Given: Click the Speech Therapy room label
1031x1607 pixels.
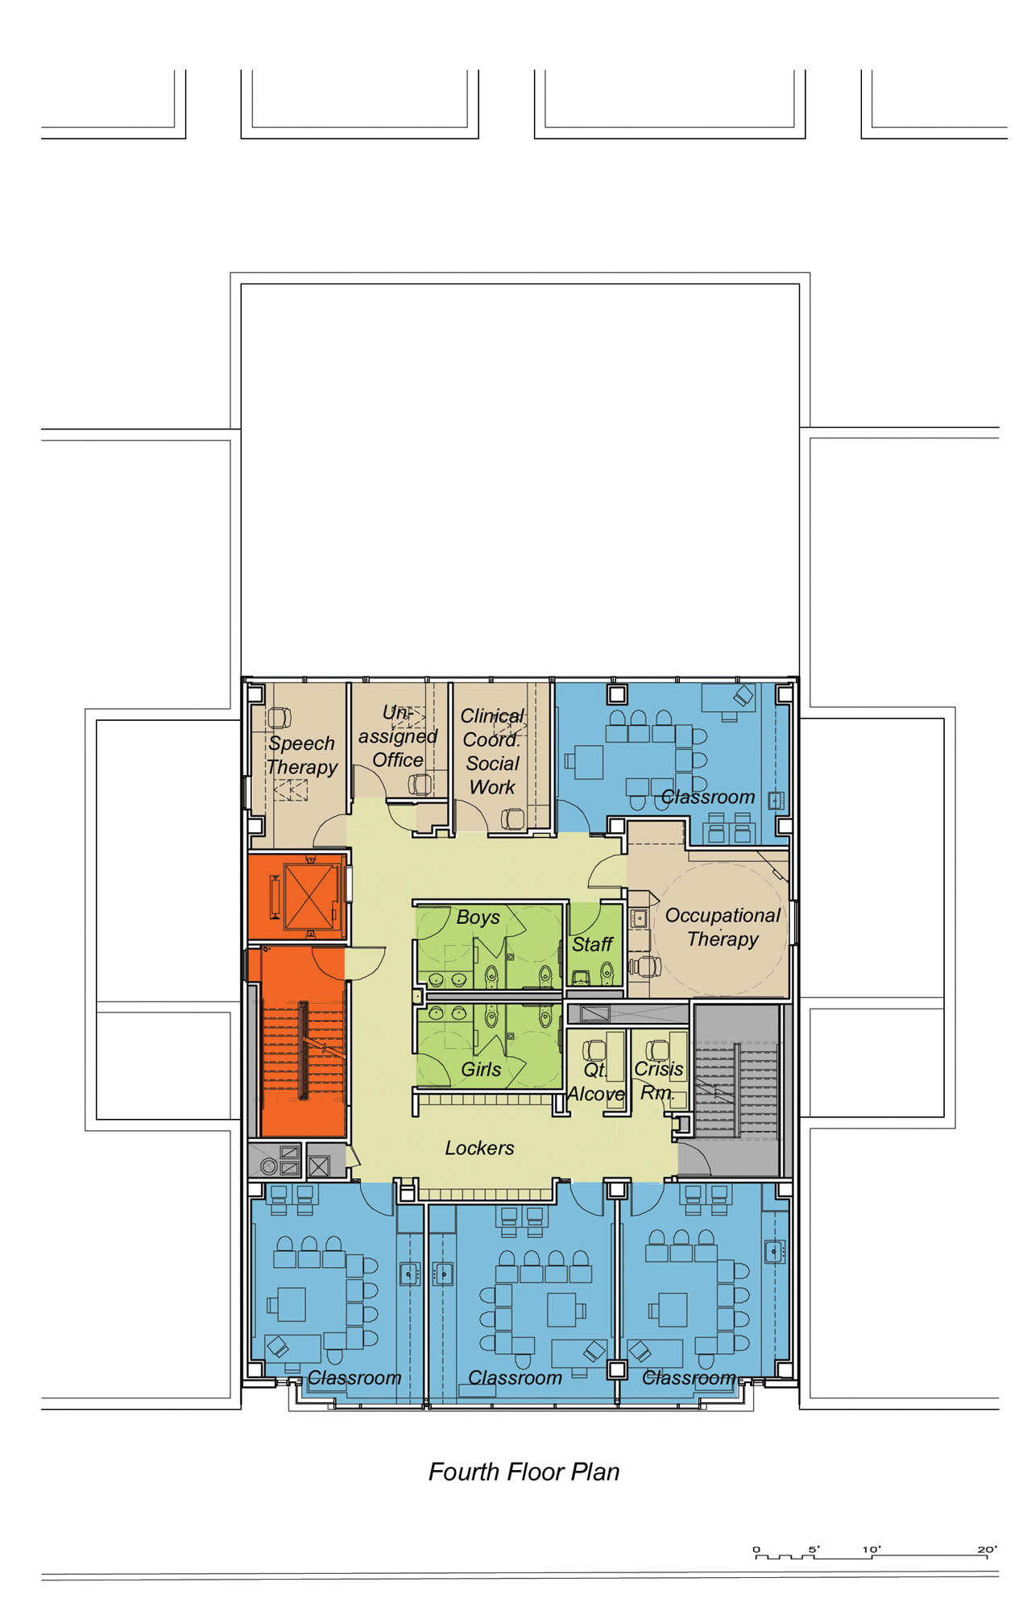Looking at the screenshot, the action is (x=302, y=755).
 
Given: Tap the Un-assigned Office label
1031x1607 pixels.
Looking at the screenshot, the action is (x=398, y=736).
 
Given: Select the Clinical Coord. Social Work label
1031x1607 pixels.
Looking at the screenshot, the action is (x=492, y=752).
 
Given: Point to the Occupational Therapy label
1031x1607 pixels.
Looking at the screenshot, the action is (x=723, y=927).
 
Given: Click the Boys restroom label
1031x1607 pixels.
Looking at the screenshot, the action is (x=478, y=917).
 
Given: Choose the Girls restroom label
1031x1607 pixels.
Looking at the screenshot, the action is (x=481, y=1070).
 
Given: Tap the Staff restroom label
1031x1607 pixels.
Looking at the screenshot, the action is (x=592, y=944).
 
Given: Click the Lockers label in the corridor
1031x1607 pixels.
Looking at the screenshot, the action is (x=479, y=1148).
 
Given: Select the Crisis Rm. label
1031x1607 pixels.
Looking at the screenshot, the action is (x=659, y=1081).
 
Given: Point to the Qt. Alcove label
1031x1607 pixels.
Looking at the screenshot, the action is (x=596, y=1082).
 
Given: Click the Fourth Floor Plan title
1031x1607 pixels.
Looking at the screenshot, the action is (x=524, y=1472).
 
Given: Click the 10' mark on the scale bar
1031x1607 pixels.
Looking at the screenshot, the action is (x=872, y=1549).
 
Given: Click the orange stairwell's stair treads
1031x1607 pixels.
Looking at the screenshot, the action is (x=303, y=1050).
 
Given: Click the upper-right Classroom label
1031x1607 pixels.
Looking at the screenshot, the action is (x=708, y=797).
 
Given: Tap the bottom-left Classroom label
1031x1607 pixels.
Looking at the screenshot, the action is (x=354, y=1378).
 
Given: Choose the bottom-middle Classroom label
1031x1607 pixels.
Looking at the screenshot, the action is (x=515, y=1378).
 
